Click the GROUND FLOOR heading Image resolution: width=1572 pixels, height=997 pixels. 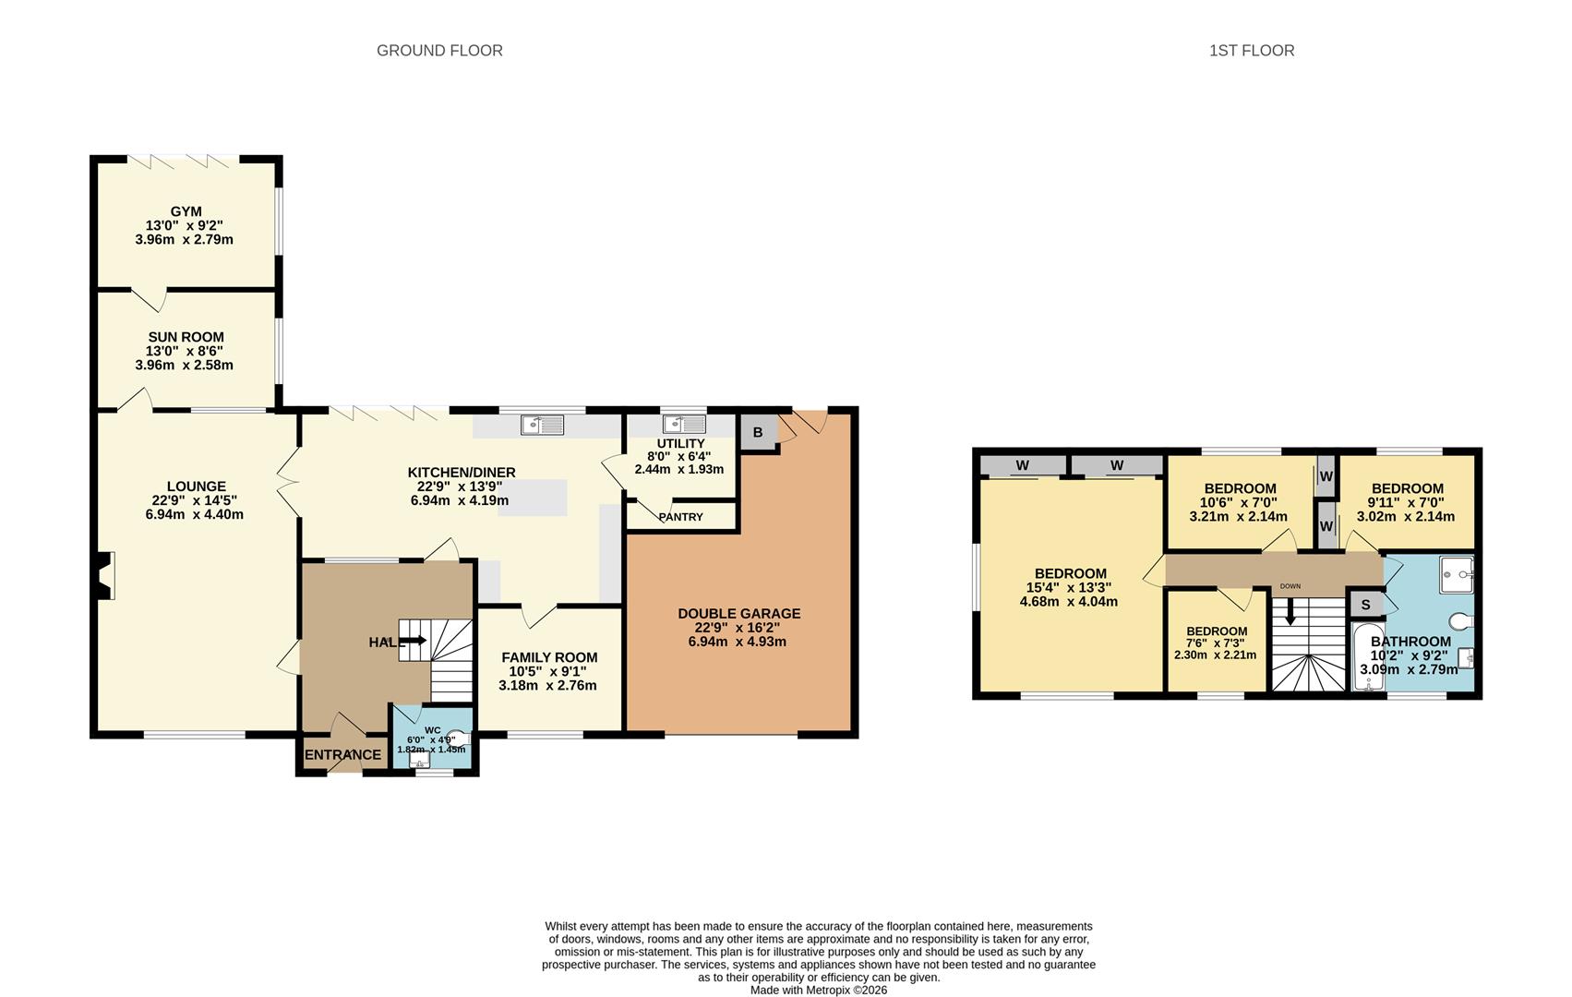coord(439,51)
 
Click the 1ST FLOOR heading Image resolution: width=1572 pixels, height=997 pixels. coord(1252,51)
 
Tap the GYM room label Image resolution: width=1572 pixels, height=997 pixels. coord(186,211)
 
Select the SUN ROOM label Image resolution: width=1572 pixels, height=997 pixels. coord(186,337)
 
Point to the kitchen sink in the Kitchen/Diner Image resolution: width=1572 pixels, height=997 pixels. coord(542,426)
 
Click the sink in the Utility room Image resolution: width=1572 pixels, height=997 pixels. coord(684,424)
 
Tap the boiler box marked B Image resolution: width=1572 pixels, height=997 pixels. coord(758,432)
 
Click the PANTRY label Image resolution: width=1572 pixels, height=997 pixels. coord(680,517)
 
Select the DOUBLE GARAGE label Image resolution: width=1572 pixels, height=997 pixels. coord(739,613)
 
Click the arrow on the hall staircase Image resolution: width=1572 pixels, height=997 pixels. coord(414,640)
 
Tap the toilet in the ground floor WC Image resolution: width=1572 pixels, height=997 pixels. coord(460,738)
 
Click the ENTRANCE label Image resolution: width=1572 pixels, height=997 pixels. coord(342,755)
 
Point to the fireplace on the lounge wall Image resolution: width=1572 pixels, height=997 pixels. coord(103,575)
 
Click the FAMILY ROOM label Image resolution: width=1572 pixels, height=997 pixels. coord(549,657)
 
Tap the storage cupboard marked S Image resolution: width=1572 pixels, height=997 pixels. coord(1365,604)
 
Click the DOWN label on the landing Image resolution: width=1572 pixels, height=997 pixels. coord(1290,586)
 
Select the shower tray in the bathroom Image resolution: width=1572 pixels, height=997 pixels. coord(1457,575)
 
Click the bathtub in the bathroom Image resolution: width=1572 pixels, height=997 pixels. coord(1368,656)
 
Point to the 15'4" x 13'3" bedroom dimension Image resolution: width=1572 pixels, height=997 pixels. coord(1069,587)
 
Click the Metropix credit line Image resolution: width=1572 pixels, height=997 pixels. coord(818,990)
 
